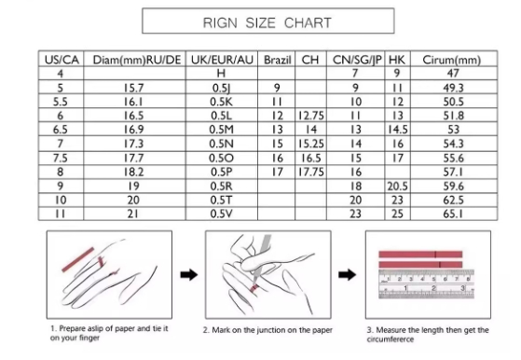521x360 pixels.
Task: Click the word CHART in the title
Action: coord(308,23)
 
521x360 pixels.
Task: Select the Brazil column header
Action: coord(277,60)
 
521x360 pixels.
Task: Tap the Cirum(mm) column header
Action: coord(451,61)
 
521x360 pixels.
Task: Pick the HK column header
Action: coord(397,60)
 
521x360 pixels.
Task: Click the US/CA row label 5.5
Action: coord(61,102)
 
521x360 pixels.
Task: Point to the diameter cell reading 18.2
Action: coord(133,172)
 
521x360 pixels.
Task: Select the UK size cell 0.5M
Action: coord(221,130)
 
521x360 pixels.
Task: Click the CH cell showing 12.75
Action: coord(311,116)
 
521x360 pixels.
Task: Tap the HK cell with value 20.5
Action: coord(397,187)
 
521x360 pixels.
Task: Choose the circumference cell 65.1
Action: coord(453,214)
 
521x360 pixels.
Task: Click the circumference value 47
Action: coord(453,73)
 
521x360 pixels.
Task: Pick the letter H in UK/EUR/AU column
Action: coord(221,73)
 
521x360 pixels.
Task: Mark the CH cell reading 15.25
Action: coord(311,144)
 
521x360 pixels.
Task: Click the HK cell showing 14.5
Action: coord(397,130)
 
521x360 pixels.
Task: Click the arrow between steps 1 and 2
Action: coord(189,275)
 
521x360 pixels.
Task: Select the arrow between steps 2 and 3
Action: coord(348,275)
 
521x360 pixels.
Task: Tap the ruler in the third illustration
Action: coord(427,284)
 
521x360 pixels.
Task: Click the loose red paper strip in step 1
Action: coord(78,259)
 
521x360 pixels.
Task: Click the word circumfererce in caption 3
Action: coord(391,339)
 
